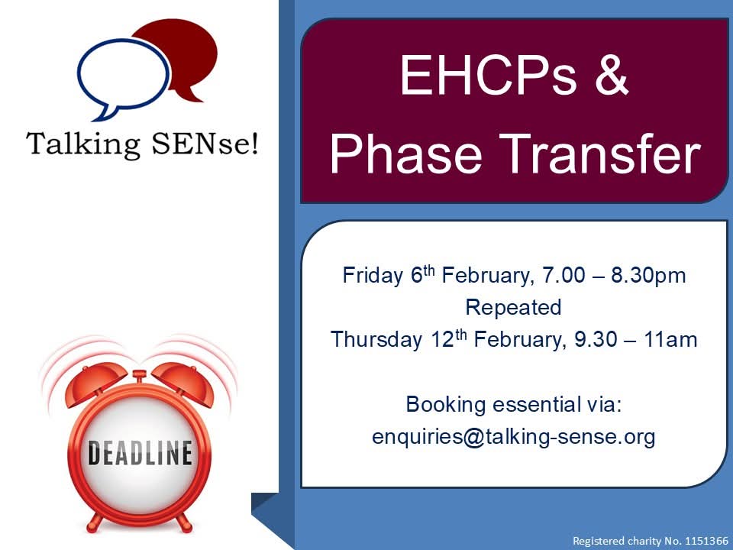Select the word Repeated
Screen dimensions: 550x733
point(513,307)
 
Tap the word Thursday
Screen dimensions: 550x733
point(374,339)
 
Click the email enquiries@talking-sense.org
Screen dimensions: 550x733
point(513,437)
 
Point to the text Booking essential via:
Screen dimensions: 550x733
point(514,404)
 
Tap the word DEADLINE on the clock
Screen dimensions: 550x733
point(139,454)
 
